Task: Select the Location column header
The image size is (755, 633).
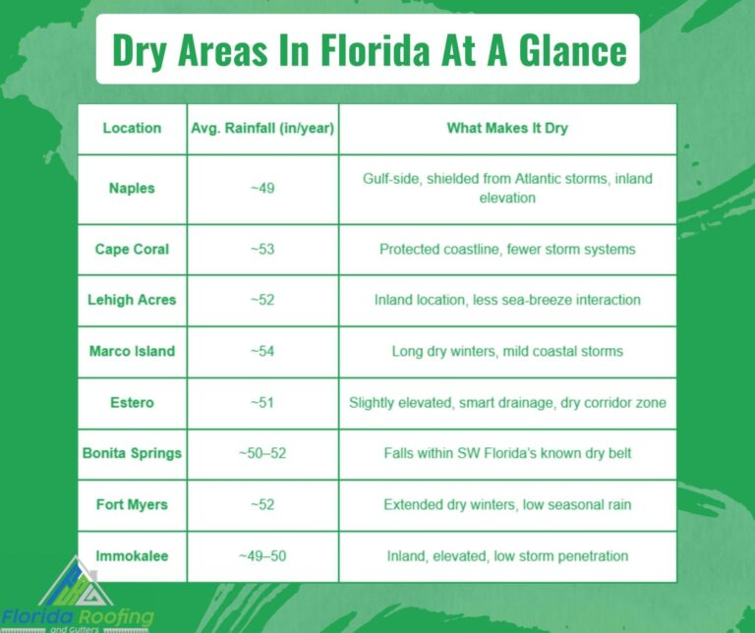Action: (x=132, y=128)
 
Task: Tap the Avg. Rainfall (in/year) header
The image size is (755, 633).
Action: (x=262, y=128)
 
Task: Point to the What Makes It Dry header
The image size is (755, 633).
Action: (x=507, y=128)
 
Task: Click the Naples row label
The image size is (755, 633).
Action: (x=132, y=188)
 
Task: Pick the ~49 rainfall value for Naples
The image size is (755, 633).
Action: (x=262, y=188)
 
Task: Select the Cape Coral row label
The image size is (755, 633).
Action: (x=132, y=250)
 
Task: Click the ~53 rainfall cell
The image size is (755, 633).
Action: (x=262, y=250)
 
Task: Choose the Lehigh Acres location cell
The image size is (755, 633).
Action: (x=132, y=300)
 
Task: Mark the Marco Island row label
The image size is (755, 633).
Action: (x=132, y=352)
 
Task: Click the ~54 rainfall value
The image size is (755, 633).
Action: (x=262, y=352)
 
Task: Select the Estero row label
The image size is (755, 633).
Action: (x=132, y=402)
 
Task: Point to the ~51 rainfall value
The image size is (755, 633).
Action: (x=262, y=402)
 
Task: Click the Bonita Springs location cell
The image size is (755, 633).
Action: (x=132, y=453)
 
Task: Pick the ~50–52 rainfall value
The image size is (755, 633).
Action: (x=262, y=453)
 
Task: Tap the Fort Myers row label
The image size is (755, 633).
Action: (x=132, y=505)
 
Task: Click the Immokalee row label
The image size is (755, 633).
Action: (x=132, y=556)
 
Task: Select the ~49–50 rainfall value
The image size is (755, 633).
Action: (x=262, y=556)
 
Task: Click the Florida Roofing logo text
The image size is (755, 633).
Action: (x=78, y=617)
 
